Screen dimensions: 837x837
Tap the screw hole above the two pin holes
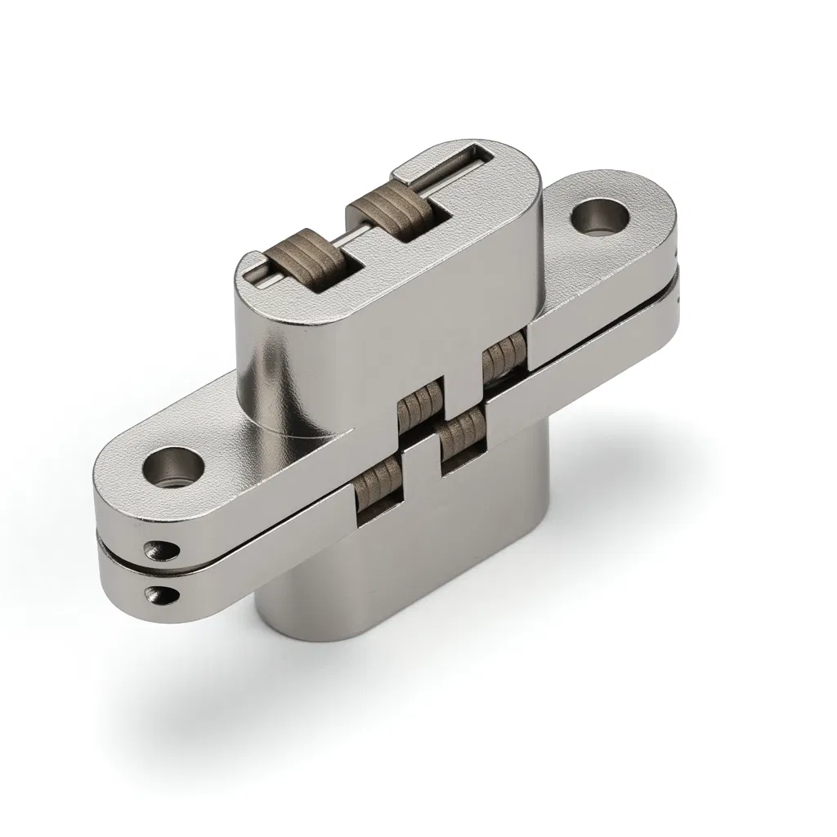pyautogui.click(x=172, y=468)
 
